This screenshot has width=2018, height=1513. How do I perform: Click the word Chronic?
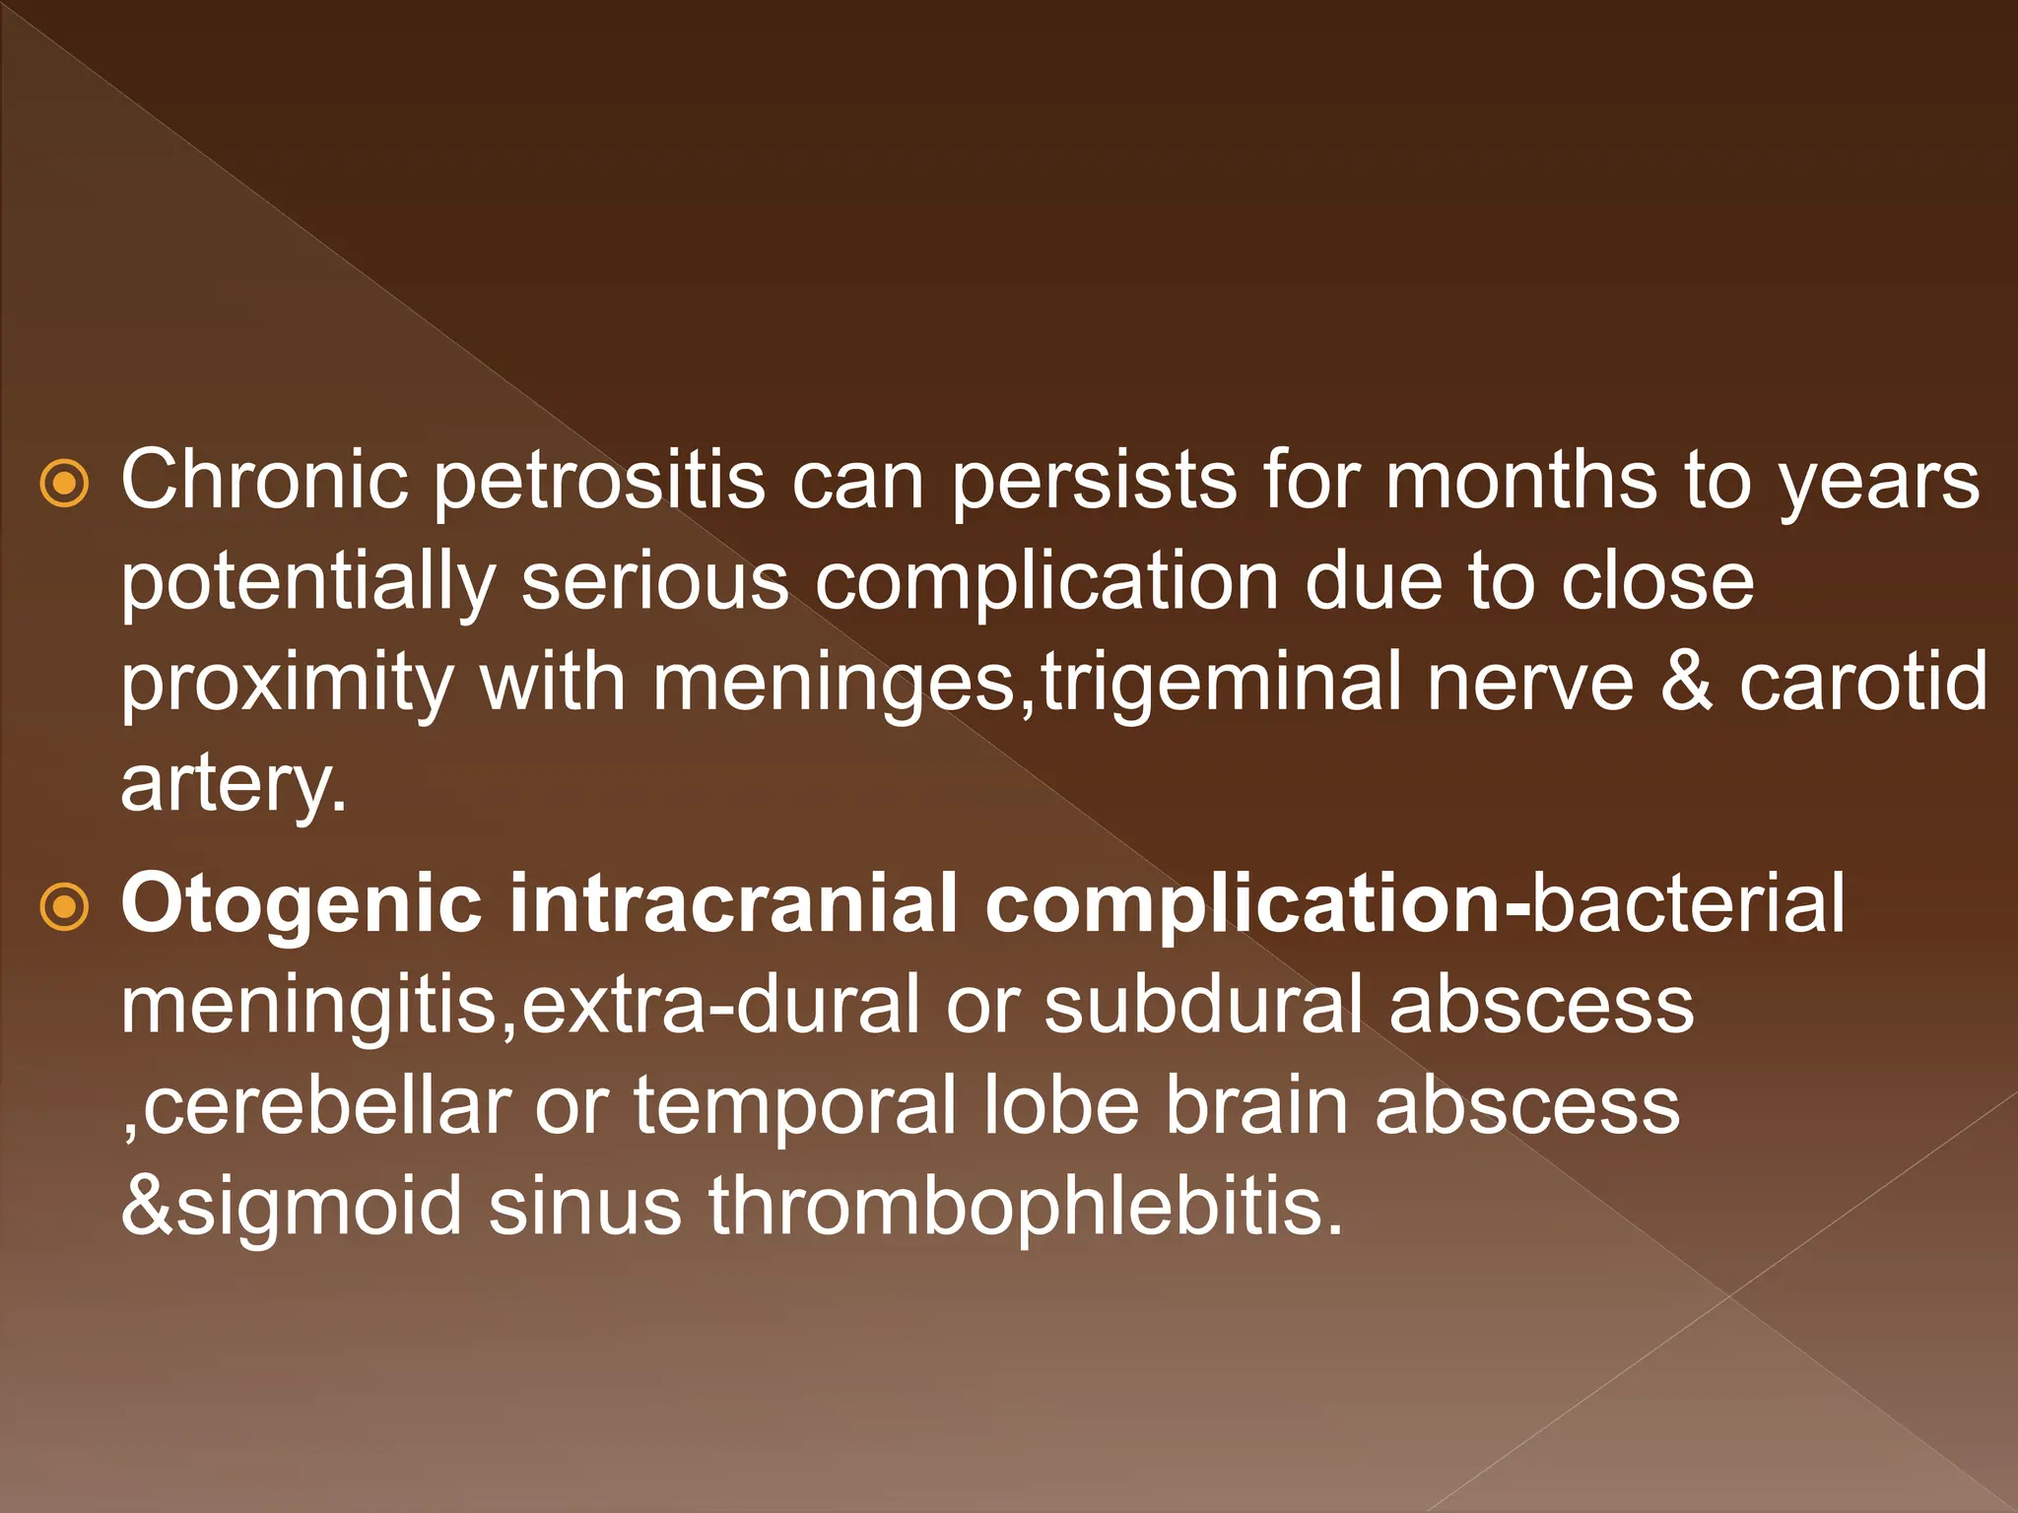[x=264, y=480]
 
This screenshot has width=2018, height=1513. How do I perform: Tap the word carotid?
[x=1862, y=682]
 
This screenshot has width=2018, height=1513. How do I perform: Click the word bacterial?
[x=1688, y=902]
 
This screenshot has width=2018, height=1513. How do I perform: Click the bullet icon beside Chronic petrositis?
[x=65, y=484]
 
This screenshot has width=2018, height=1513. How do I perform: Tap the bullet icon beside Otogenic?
[x=65, y=906]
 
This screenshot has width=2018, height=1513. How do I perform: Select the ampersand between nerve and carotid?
[x=1685, y=682]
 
